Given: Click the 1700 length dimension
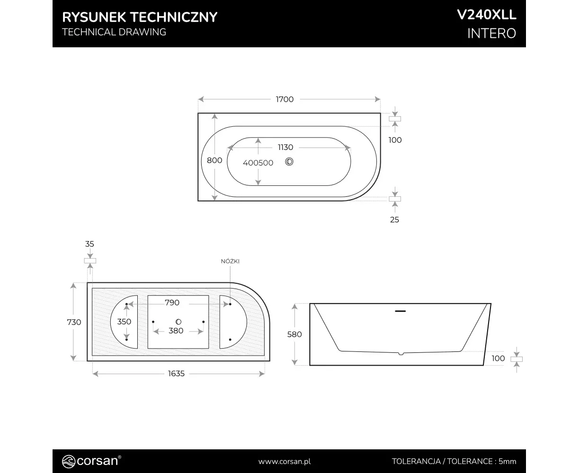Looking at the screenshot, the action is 285,99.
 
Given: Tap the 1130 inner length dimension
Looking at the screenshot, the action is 285,147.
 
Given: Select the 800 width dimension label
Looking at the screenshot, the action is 214,160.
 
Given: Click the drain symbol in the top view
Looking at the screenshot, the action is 289,162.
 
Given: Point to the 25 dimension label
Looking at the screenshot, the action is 394,219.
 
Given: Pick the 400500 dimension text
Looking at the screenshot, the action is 258,163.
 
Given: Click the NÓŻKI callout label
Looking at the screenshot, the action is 230,261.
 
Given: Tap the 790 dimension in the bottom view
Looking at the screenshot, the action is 172,303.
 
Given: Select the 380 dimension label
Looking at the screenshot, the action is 176,331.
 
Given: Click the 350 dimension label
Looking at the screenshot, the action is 124,322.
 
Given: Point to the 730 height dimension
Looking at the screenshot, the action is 74,322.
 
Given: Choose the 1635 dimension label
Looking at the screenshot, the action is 176,374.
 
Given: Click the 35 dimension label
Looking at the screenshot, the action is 89,244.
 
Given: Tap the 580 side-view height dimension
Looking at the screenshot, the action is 294,334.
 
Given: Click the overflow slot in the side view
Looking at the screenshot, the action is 400,311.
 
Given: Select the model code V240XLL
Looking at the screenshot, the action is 487,15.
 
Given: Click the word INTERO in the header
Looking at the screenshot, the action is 492,34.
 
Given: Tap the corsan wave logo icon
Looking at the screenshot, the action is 68,461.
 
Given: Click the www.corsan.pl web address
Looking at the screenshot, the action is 285,462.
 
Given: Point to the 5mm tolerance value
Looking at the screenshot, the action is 508,462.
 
